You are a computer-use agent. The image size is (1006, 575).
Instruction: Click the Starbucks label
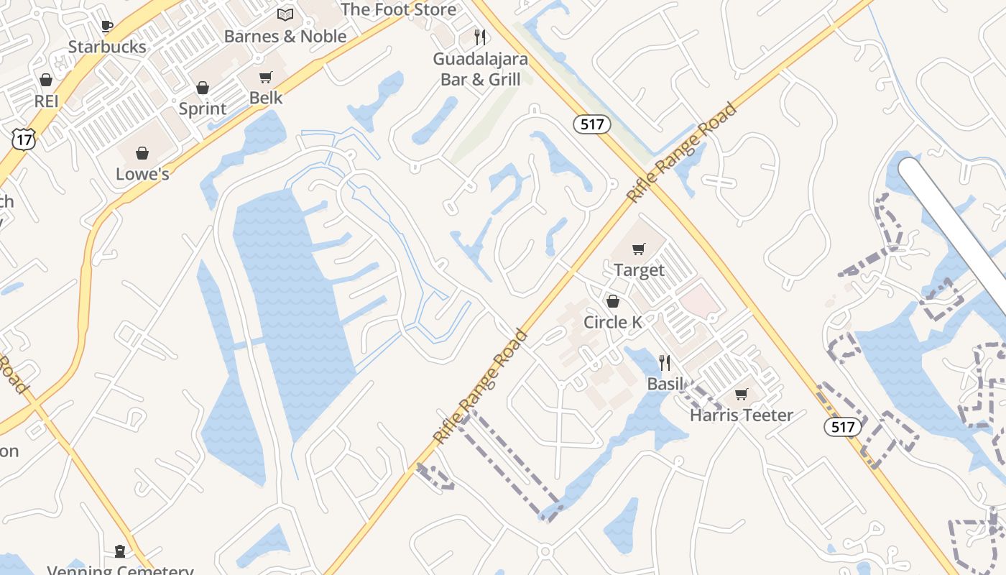click(107, 47)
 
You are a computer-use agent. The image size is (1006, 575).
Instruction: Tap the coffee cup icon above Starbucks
click(106, 27)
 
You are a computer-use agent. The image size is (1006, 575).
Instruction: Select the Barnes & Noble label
click(285, 36)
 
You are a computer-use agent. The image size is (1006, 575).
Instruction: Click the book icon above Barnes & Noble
click(285, 14)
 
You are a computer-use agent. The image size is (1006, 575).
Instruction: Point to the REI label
click(46, 101)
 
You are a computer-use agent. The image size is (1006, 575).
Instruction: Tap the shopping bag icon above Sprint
click(203, 88)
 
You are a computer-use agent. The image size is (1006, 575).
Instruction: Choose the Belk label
click(266, 98)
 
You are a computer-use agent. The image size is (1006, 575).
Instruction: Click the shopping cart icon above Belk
click(266, 77)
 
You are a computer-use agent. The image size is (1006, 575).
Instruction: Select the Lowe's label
click(142, 174)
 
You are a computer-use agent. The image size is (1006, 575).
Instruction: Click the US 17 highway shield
click(23, 139)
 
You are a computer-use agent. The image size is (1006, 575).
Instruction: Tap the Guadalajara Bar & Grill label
click(480, 69)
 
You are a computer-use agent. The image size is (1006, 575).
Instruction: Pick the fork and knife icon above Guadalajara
click(480, 37)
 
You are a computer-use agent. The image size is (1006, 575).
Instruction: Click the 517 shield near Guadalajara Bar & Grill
click(592, 124)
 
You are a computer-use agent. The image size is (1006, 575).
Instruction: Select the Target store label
click(639, 270)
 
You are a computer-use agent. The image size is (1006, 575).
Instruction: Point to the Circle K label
click(613, 322)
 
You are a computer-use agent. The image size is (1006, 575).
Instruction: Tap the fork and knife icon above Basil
click(665, 363)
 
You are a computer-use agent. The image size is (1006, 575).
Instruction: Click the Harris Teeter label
click(742, 415)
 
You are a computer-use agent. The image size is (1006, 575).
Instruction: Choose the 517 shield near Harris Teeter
click(842, 427)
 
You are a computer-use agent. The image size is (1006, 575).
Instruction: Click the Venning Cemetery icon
click(120, 551)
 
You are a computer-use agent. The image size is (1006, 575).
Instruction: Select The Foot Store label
click(398, 9)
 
